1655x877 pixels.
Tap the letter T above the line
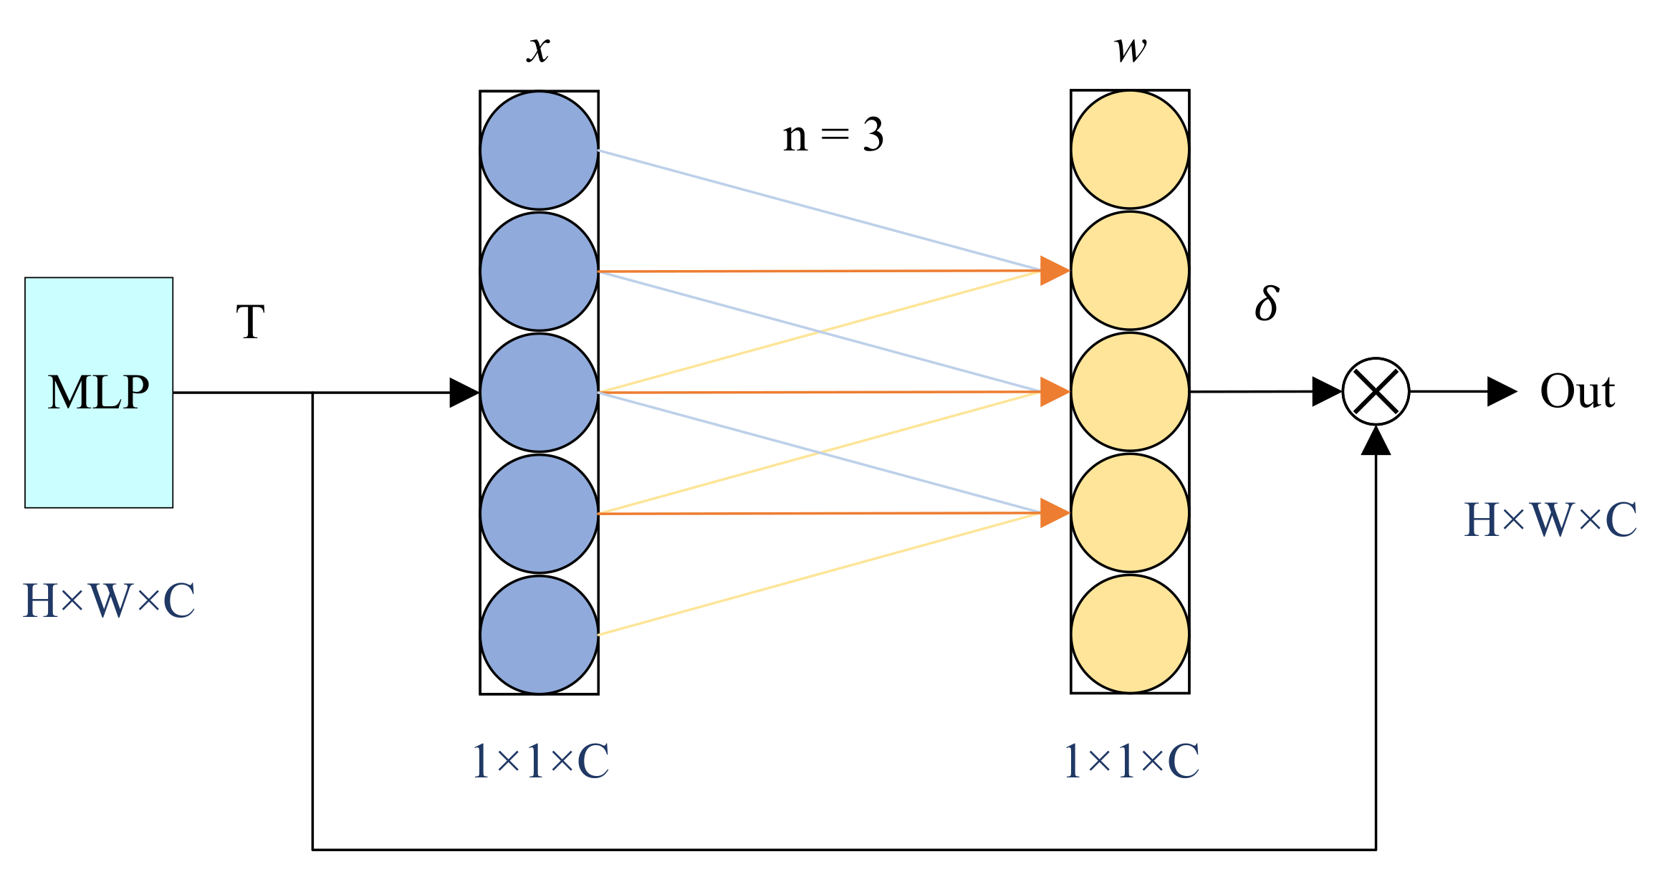[251, 322]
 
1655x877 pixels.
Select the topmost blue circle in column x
[539, 150]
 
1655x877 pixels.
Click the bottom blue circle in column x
[539, 635]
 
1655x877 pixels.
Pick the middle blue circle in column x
[539, 393]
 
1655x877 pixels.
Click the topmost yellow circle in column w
[1130, 150]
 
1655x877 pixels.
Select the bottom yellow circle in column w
[1130, 634]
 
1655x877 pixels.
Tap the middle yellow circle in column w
[1130, 392]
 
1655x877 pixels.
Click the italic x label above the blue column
[539, 49]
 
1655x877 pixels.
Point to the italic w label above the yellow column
[1131, 49]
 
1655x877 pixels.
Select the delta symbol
[1267, 303]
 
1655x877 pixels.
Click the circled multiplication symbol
[1376, 392]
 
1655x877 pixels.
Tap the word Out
[1578, 392]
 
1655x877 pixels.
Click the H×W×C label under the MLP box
[109, 600]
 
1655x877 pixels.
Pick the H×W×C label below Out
[1550, 519]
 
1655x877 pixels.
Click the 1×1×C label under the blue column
[541, 761]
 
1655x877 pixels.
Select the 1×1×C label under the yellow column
[1132, 761]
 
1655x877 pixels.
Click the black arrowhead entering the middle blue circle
[464, 393]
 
